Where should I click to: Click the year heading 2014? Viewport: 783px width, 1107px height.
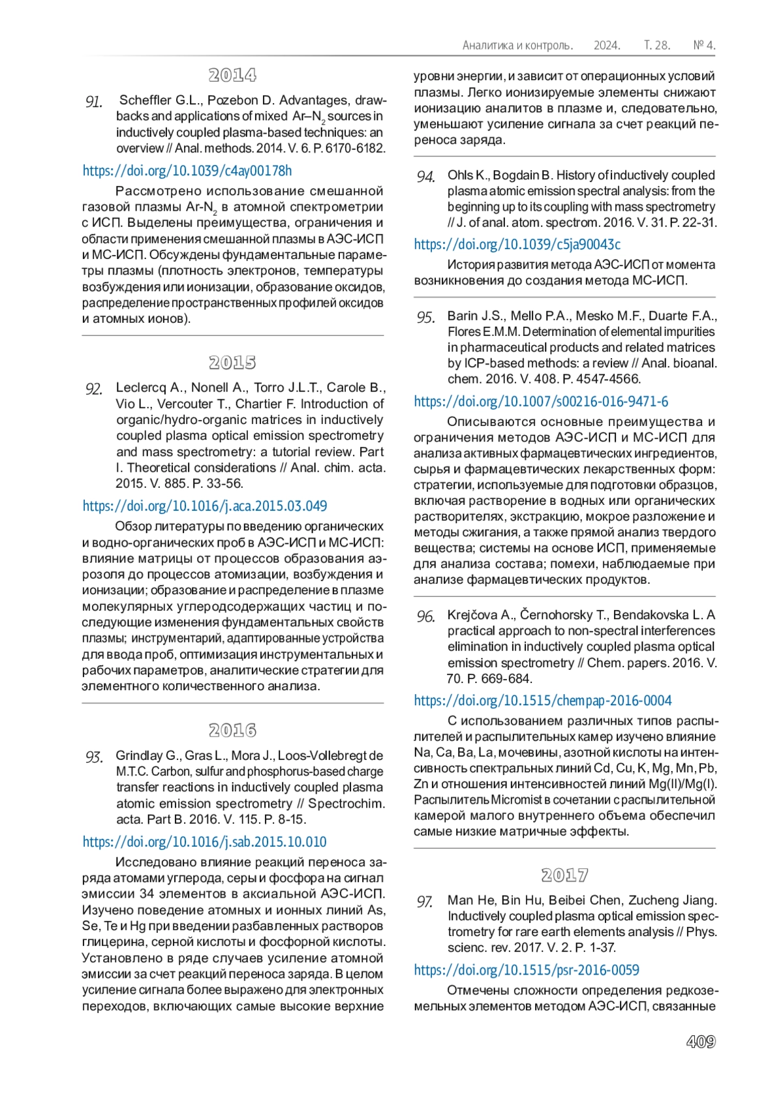(232, 75)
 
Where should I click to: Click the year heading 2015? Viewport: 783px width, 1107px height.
(232, 362)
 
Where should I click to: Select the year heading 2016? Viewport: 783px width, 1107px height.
(232, 730)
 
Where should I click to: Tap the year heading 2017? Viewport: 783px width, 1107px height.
(564, 875)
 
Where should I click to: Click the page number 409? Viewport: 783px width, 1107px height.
(701, 1042)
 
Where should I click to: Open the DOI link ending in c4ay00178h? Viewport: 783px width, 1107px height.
(187, 171)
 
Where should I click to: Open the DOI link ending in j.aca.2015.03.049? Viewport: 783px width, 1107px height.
(205, 506)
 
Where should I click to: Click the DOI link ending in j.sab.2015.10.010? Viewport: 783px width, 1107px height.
(204, 842)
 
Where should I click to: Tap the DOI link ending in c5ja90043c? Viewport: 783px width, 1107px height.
(517, 245)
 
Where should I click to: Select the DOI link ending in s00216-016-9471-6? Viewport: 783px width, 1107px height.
(541, 402)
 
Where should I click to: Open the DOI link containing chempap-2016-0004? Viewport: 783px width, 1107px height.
(543, 701)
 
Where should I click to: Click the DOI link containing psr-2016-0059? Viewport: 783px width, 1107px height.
(527, 971)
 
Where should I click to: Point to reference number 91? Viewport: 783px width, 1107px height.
(94, 102)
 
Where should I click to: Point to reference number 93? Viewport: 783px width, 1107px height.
(94, 757)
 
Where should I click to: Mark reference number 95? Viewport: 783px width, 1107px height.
(425, 318)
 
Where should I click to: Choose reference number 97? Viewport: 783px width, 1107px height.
(425, 902)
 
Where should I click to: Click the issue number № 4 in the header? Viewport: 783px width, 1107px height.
(704, 46)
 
